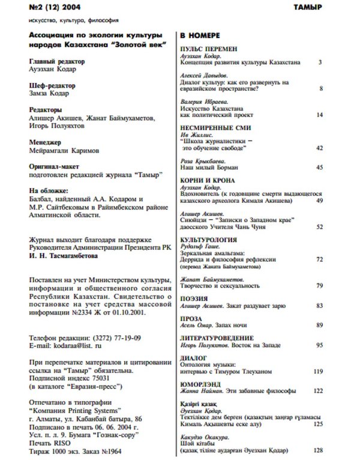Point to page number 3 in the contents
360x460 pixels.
click(x=321, y=62)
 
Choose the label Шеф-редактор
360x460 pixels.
click(x=52, y=86)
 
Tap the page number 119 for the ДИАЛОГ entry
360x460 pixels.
click(x=318, y=372)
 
